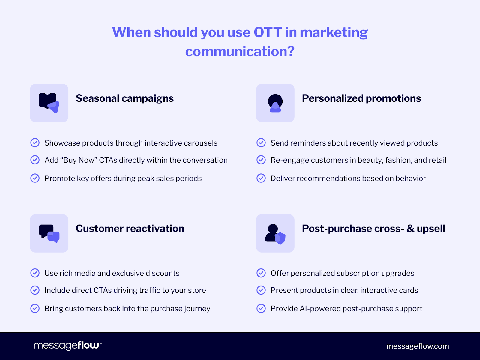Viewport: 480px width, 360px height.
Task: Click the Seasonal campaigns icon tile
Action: [x=49, y=103]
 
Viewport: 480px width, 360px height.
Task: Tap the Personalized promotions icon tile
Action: [x=275, y=103]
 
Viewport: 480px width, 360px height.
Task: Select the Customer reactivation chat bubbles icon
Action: [x=49, y=233]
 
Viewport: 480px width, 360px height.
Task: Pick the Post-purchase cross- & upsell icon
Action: [x=275, y=233]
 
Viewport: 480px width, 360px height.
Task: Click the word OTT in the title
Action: [x=268, y=32]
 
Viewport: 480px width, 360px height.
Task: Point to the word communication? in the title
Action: [x=240, y=52]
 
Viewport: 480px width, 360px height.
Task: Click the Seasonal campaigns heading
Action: [x=124, y=98]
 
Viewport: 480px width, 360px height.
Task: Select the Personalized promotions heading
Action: [x=361, y=98]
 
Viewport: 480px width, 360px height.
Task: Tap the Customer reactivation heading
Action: [x=130, y=229]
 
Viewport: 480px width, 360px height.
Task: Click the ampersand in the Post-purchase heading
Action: [x=410, y=229]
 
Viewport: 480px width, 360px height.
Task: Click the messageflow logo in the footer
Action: [x=68, y=346]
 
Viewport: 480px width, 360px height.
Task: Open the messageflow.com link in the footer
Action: [x=418, y=346]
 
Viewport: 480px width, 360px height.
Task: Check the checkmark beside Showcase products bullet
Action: [x=35, y=143]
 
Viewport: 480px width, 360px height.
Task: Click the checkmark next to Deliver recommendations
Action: [x=261, y=178]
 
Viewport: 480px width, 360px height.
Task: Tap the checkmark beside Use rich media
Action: [x=35, y=273]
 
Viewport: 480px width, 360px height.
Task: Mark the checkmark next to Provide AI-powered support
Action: [x=261, y=308]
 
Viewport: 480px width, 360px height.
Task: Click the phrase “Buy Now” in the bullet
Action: [x=79, y=160]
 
